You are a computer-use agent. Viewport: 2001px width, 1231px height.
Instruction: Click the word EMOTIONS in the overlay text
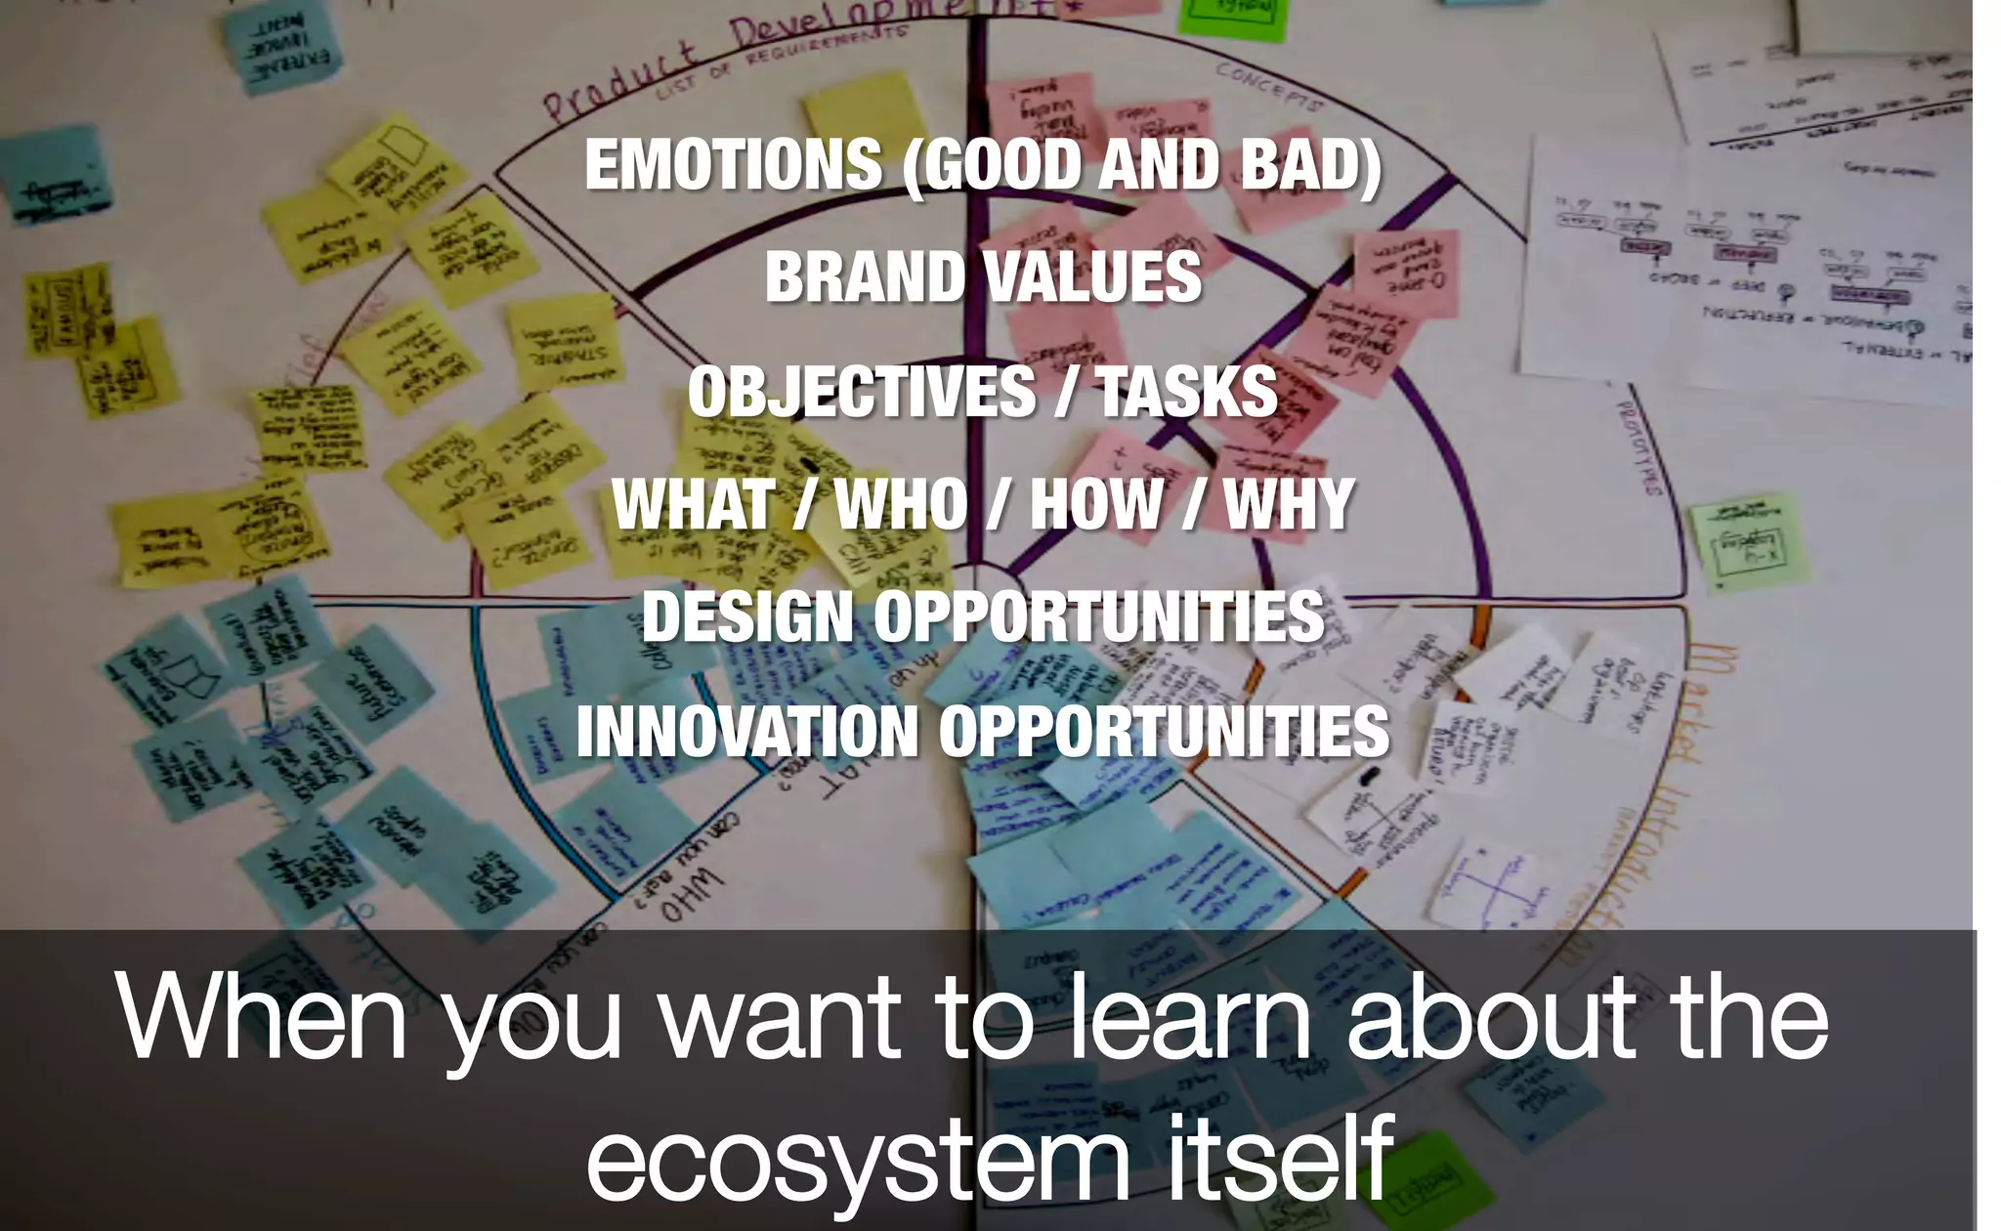[x=733, y=164]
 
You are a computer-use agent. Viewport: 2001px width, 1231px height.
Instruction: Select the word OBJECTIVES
[x=860, y=392]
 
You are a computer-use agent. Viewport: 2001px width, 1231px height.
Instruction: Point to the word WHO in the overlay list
[x=901, y=505]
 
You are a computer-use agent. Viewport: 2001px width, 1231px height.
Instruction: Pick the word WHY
[x=1289, y=505]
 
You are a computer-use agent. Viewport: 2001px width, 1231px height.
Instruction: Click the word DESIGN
[x=747, y=617]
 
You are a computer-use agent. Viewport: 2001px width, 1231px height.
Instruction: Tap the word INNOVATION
[x=747, y=732]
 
